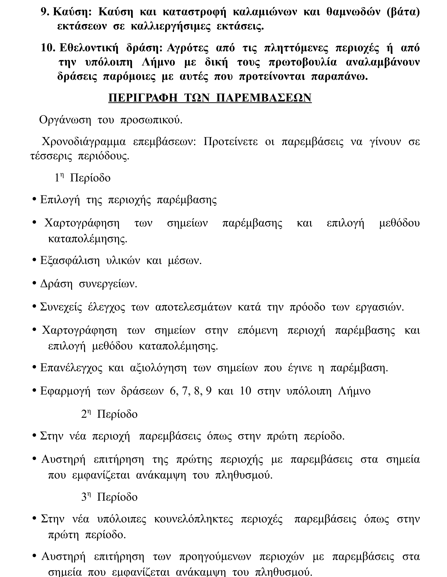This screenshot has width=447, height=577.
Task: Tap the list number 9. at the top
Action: (45, 12)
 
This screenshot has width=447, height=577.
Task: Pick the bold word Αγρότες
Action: (188, 48)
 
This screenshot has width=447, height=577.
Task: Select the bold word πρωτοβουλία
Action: (303, 62)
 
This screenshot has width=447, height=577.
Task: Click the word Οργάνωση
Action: (65, 120)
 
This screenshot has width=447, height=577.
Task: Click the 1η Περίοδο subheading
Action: (82, 178)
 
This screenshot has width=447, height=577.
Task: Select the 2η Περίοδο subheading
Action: (109, 414)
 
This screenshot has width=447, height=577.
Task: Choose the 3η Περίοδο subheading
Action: (109, 497)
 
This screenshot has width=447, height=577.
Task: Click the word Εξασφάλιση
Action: (70, 261)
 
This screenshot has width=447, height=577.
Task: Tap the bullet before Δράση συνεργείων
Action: (34, 283)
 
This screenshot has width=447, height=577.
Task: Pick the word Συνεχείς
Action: (61, 307)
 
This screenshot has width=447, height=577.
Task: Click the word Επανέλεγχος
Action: (71, 368)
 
